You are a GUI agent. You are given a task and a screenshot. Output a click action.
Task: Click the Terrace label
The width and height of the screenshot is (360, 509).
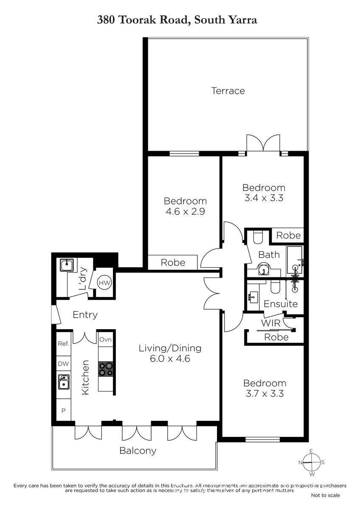pos(228,91)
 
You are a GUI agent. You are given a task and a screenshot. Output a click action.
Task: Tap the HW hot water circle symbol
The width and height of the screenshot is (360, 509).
pos(104,283)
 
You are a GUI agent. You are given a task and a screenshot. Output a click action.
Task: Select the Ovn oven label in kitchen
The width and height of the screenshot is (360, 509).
pos(105,339)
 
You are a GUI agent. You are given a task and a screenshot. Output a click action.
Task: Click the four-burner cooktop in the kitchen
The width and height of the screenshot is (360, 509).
pos(106,369)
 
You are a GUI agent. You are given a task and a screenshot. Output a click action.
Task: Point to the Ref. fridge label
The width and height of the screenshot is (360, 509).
pos(63,343)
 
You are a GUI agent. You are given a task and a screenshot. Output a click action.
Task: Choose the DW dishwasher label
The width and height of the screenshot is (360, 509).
pos(63,364)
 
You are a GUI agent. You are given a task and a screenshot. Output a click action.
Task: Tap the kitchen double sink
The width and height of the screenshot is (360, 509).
pos(64,382)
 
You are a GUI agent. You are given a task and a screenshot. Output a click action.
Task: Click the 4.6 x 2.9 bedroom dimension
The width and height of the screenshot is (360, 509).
pos(186,212)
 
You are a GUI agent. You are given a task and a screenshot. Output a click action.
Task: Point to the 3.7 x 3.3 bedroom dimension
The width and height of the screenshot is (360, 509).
pos(265,393)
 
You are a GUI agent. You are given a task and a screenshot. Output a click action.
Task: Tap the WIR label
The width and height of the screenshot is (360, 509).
pos(270,323)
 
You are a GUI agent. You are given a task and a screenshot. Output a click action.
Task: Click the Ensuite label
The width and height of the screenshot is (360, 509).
pos(281,304)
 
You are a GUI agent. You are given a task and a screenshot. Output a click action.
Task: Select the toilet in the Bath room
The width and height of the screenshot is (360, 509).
pos(258,237)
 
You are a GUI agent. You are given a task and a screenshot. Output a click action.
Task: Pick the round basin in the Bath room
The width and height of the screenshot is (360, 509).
pos(264,270)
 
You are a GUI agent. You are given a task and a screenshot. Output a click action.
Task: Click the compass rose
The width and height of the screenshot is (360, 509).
pos(311,462)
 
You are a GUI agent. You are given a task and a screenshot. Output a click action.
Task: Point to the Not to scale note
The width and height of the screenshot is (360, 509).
pos(326,495)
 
